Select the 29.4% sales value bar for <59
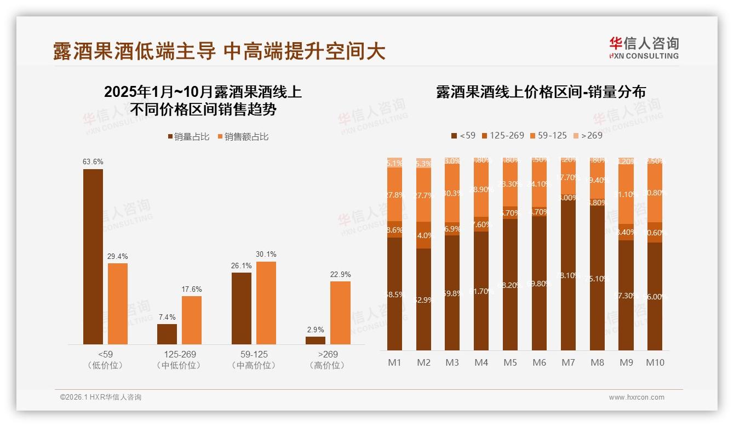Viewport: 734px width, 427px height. [118, 303]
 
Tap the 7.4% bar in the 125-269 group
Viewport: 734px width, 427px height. [167, 334]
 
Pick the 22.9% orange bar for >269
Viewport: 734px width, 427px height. [340, 313]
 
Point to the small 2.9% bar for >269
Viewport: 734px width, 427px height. [316, 341]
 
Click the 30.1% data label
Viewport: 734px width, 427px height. [266, 254]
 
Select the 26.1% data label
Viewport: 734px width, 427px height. [242, 266]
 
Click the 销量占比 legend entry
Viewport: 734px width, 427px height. [189, 137]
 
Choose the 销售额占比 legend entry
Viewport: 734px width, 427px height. [243, 137]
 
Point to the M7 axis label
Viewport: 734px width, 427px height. [568, 362]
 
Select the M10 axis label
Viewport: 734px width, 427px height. [655, 362]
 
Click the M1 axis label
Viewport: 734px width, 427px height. [395, 362]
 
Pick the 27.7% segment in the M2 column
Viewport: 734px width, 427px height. [424, 195]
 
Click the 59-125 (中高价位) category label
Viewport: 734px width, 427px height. [254, 360]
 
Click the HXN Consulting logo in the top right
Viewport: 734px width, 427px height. [644, 48]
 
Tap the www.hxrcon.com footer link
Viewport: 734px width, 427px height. [636, 397]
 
